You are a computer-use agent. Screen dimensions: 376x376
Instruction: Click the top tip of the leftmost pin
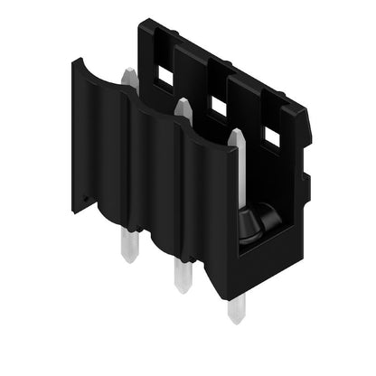pos(130,72)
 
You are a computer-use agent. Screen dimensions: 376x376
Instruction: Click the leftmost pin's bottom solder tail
pos(129,248)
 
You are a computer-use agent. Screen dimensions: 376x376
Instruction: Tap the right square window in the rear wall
pos(271,136)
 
